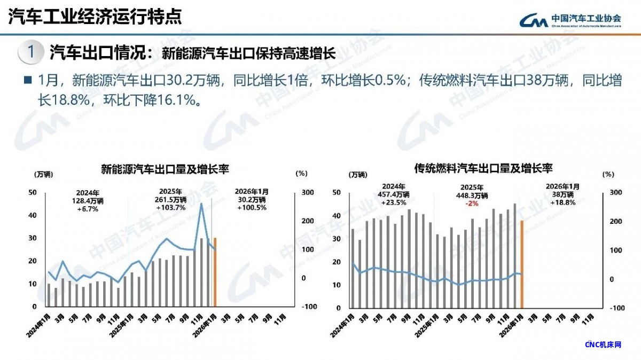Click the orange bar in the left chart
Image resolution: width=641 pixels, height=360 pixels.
[x=215, y=272]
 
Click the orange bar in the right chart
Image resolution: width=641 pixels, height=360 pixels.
[x=521, y=264]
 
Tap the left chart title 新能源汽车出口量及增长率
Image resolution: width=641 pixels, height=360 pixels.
[x=165, y=170]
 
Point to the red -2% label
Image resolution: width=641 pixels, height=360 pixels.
[x=471, y=204]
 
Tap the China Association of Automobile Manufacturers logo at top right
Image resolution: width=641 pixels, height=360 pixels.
[x=571, y=19]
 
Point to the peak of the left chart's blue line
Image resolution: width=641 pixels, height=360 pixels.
[x=201, y=204]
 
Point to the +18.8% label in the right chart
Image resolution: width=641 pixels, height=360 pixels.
[x=563, y=202]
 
